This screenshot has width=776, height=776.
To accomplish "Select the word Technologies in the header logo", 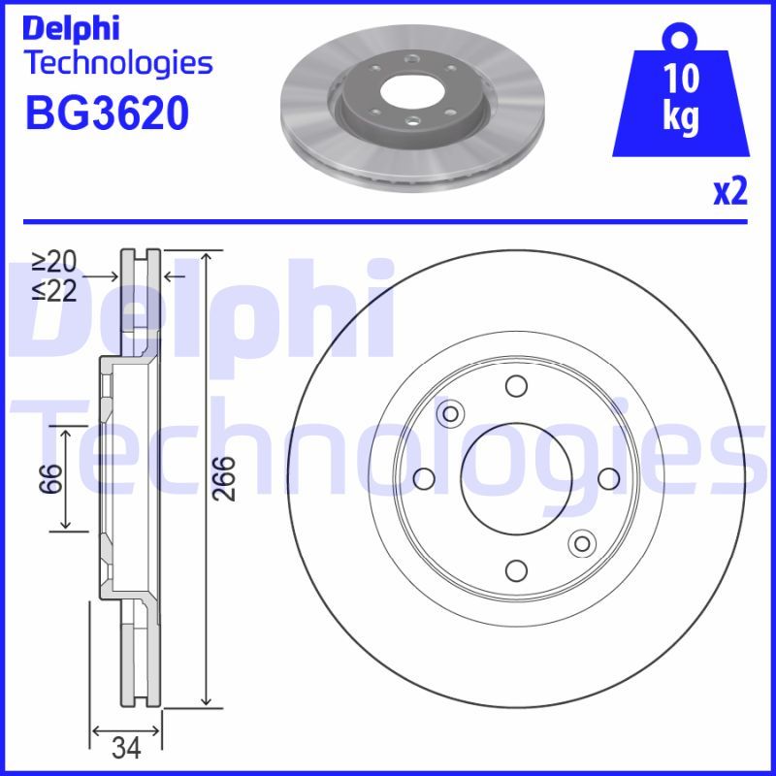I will point(117,64).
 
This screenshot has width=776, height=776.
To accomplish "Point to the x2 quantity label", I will point(729,193).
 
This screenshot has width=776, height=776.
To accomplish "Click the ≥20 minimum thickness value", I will point(53,262).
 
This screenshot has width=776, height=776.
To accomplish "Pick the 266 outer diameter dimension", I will point(224,479).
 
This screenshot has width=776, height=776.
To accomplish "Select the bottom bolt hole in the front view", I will point(516,570).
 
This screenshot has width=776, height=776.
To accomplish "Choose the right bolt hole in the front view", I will point(607,479).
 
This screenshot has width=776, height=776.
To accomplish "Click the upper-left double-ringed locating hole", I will point(450,415).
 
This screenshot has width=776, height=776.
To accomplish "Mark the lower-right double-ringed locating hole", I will point(581,543).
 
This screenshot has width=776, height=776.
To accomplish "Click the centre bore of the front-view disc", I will point(516,479).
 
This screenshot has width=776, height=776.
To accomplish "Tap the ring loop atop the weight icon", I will point(681,38).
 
